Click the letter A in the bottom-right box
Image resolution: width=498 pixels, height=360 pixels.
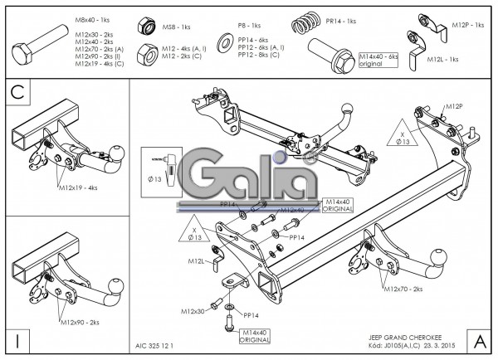(x=480, y=340)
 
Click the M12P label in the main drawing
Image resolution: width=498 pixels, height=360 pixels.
(x=453, y=107)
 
